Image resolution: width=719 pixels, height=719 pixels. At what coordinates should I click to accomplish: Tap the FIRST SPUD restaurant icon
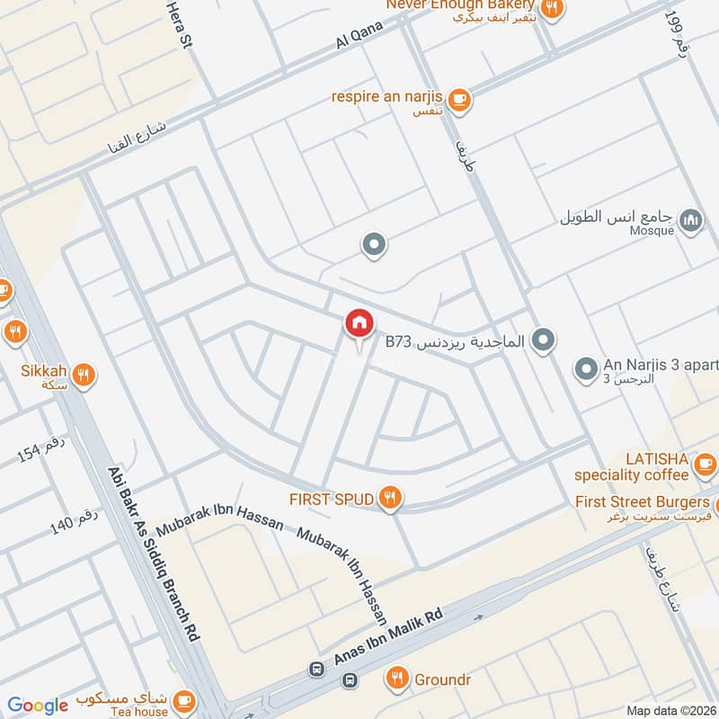pos(389,499)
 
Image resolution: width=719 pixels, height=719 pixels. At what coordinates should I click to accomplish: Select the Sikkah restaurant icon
pos(84,375)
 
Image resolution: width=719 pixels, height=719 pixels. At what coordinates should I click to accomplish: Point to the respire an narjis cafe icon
pos(459,100)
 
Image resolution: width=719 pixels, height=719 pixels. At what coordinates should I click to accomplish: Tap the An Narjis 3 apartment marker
pos(586,368)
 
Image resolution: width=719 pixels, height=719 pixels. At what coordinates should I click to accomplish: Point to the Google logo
pos(38,706)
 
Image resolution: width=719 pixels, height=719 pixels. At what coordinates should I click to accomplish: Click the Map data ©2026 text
pos(671,710)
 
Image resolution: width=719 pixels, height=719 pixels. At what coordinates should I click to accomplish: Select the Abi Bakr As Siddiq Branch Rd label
pos(154,552)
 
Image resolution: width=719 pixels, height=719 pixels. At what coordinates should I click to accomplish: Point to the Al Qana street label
pos(359,37)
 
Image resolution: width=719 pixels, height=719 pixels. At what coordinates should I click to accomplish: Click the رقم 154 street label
pos(43,448)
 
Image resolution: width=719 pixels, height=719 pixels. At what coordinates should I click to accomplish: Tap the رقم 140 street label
pos(74,523)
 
